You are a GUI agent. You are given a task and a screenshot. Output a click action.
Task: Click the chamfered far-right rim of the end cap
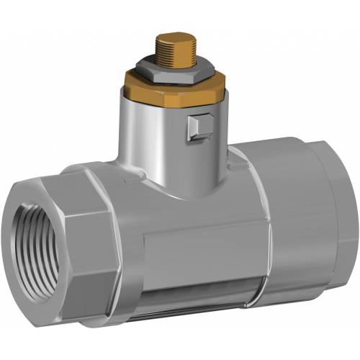(x=349, y=216)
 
